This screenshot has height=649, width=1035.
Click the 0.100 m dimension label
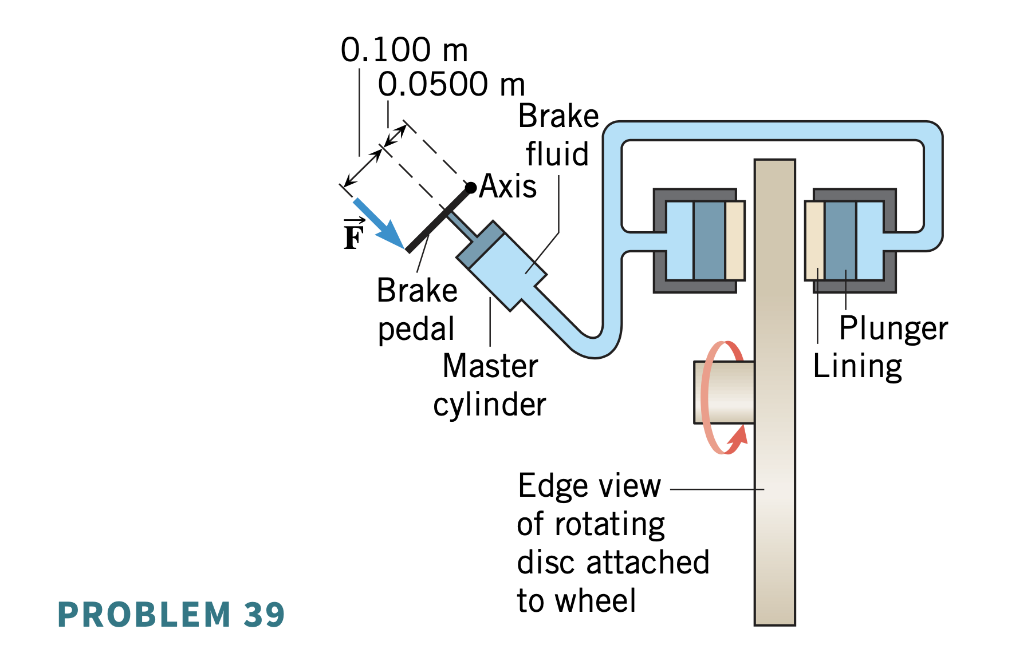point(404,50)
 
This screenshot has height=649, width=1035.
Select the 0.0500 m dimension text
point(451,84)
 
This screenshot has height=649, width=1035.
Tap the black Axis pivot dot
point(471,188)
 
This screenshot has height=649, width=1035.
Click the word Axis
point(508,186)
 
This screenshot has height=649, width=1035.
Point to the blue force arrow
point(378,223)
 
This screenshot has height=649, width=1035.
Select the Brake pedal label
point(417,309)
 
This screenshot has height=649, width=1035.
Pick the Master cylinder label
point(490,385)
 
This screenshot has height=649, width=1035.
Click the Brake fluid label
point(558,135)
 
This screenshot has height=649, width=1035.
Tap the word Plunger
point(894,329)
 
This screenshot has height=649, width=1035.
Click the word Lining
point(857,366)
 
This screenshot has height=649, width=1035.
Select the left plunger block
point(709,240)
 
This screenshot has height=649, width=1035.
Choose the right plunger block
point(840,240)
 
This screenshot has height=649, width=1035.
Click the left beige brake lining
point(735,240)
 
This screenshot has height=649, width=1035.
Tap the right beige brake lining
point(815,240)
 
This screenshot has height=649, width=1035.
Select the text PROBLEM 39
point(171,615)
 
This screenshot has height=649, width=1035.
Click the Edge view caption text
point(613,543)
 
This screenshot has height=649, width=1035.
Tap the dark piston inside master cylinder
point(480,245)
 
